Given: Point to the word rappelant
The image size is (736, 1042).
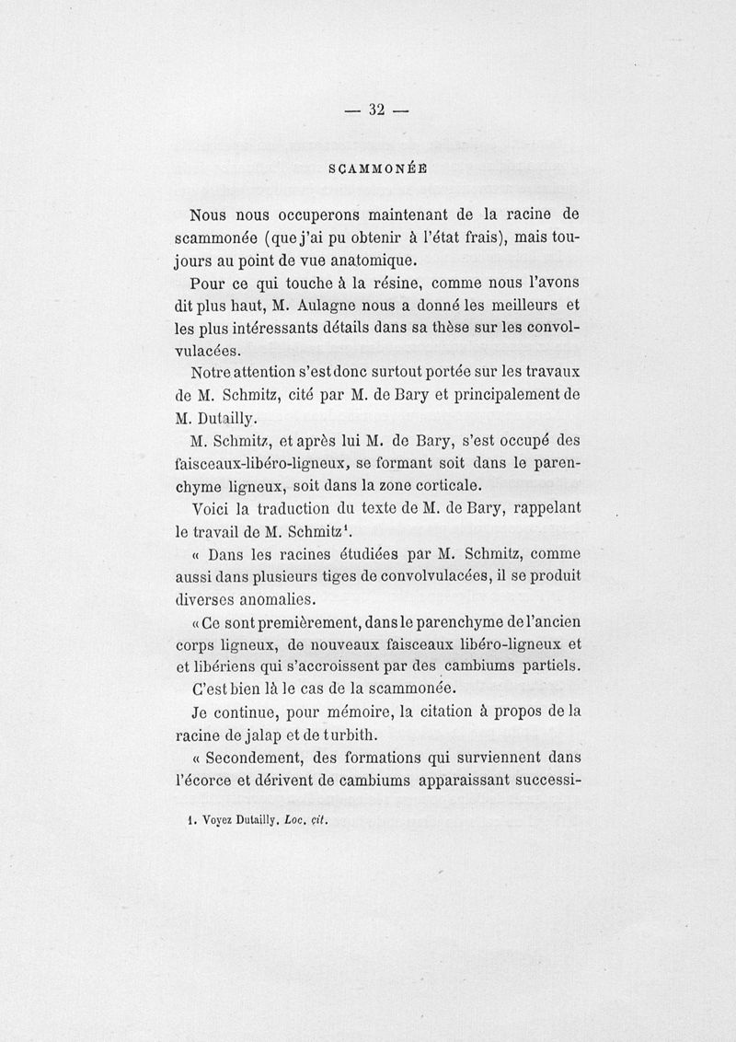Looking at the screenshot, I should tap(544, 507).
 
